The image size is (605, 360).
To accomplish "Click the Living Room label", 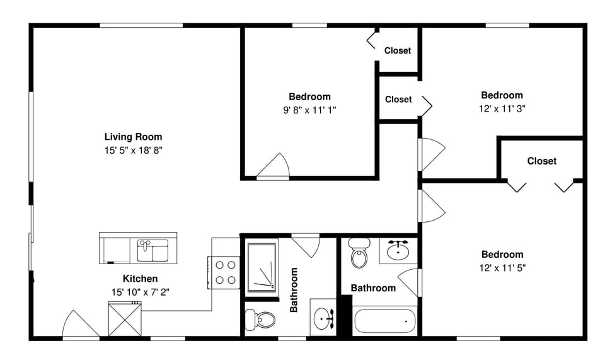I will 133,136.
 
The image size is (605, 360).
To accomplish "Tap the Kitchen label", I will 140,278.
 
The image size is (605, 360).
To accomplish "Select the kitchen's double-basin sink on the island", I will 153,250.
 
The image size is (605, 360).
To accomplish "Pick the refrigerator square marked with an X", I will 124,319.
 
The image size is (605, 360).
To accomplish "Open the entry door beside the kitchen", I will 80,326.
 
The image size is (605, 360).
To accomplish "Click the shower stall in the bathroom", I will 262,268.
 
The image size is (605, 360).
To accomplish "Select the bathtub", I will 384,321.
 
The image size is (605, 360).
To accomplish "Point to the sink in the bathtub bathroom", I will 398,250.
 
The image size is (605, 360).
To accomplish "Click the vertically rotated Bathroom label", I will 294,290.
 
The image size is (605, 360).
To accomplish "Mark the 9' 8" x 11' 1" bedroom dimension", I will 309,110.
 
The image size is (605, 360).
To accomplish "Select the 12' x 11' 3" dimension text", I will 502,108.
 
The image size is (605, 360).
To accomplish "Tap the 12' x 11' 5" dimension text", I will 502,267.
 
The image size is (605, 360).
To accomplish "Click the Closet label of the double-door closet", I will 541,161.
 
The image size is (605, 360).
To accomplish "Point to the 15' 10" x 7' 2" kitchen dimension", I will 140,291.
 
